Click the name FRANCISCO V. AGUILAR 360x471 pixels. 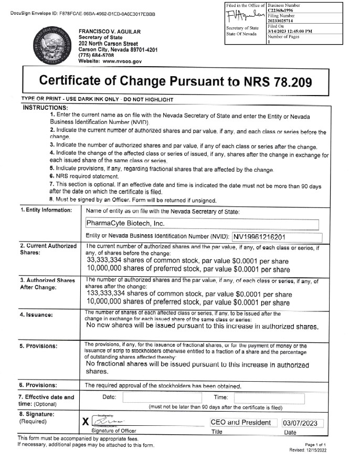[110, 32]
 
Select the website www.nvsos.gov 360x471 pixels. [123, 61]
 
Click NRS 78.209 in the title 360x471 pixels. [278, 81]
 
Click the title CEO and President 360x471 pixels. [240, 422]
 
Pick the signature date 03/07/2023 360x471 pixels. [302, 423]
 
